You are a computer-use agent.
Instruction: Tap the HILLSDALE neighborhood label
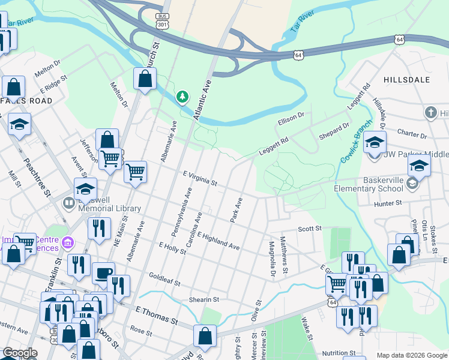[x=403, y=79]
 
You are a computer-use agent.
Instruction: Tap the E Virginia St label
[x=199, y=178]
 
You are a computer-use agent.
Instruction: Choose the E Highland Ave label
[x=218, y=242]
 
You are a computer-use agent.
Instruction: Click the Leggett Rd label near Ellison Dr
[x=274, y=144]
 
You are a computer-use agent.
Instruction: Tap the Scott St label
[x=310, y=229]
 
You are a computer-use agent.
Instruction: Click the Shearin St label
[x=204, y=299]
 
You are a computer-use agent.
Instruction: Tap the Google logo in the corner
[x=20, y=353]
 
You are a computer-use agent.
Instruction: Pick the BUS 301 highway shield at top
[x=161, y=21]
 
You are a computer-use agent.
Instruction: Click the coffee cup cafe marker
[x=103, y=274]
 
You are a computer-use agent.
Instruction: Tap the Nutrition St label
[x=339, y=353]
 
